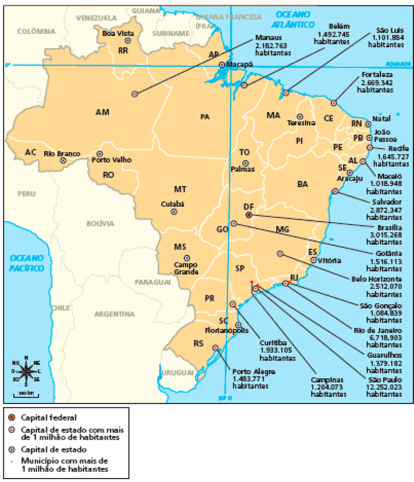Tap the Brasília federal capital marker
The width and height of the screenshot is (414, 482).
[248, 215]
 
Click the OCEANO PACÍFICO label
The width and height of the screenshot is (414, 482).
[27, 263]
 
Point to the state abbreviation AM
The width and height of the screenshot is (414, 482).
[102, 112]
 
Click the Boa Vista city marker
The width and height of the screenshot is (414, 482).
[128, 41]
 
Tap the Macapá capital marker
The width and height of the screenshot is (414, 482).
[222, 65]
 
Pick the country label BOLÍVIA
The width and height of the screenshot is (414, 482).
[100, 223]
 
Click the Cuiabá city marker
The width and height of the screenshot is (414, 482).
[173, 212]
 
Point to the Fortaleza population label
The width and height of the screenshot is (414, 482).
[376, 82]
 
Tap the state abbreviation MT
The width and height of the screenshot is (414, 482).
[180, 189]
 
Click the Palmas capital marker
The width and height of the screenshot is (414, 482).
[245, 163]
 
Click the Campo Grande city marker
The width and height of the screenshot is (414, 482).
[187, 258]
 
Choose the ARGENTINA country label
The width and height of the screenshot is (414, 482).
[114, 314]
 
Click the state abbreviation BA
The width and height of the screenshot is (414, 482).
[303, 184]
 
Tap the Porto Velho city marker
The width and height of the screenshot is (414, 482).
[100, 154]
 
